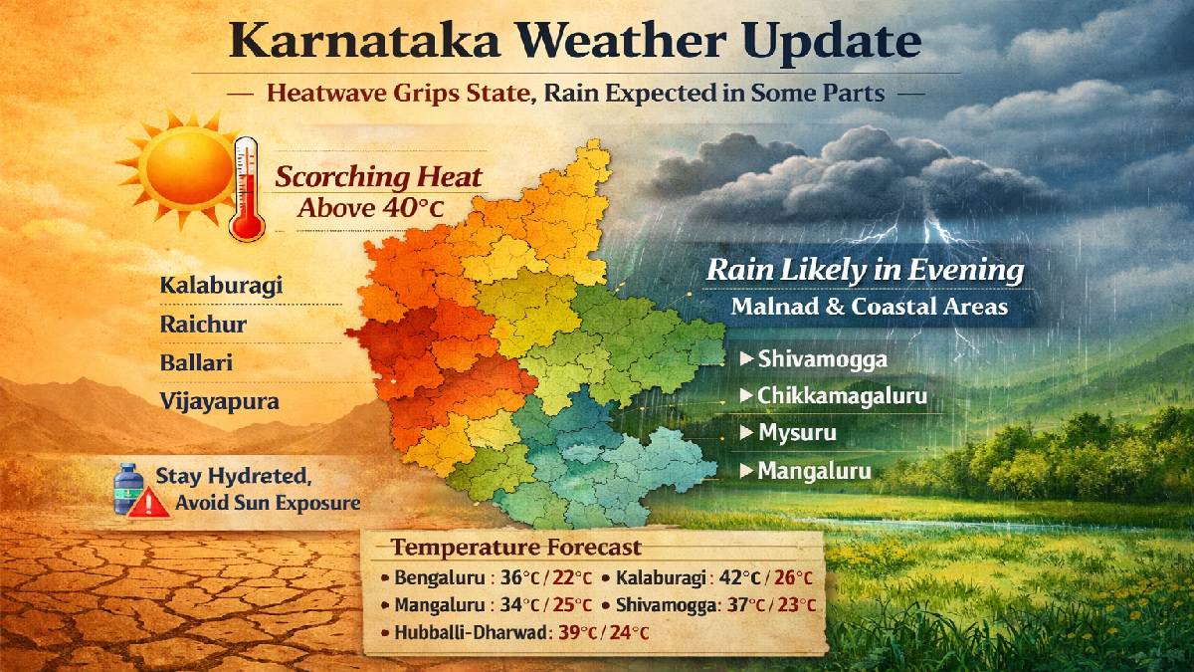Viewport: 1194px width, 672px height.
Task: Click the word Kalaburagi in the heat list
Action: click(x=221, y=286)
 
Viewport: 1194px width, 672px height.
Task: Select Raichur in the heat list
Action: click(x=203, y=325)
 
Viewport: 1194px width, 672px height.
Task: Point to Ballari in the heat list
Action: click(x=196, y=362)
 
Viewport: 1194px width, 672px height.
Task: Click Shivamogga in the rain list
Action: click(x=821, y=358)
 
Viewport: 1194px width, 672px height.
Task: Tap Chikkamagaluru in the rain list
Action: click(x=842, y=396)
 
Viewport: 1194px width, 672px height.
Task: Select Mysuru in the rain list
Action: click(x=797, y=434)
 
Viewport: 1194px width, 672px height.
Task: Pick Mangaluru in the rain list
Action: click(x=814, y=471)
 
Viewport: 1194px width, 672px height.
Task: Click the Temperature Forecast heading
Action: click(x=515, y=548)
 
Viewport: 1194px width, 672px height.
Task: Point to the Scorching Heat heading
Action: click(x=378, y=178)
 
